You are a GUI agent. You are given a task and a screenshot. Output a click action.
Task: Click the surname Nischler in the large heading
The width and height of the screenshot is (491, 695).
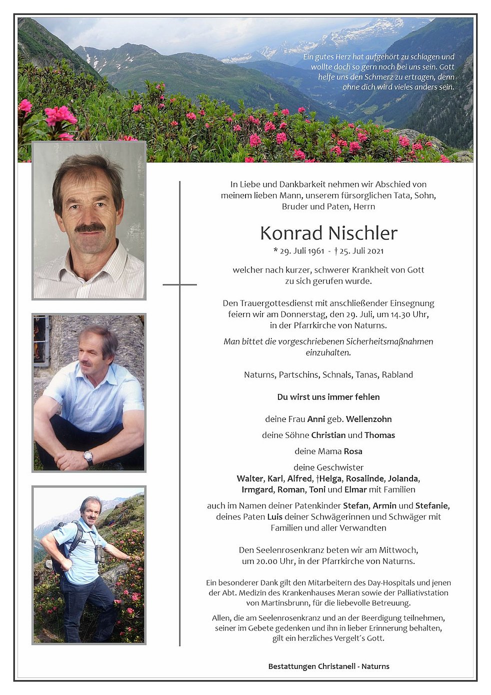point(363,233)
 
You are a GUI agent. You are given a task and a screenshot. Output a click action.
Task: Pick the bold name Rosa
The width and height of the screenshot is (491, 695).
point(353,451)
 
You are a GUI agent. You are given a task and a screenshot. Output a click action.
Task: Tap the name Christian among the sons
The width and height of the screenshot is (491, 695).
point(328,435)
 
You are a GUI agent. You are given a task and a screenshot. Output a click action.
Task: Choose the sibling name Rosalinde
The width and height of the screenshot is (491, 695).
point(365,478)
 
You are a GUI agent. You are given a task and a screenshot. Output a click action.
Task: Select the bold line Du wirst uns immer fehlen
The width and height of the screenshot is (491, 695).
point(328,397)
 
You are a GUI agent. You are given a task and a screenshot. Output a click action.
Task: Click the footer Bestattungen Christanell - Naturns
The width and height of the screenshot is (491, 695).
point(328,666)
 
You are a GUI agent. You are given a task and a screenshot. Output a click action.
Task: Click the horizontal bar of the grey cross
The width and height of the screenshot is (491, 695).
point(179,284)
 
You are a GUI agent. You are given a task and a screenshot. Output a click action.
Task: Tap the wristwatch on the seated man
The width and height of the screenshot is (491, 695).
point(88,456)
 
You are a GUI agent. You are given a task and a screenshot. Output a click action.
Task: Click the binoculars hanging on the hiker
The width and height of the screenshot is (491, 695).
point(99,553)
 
